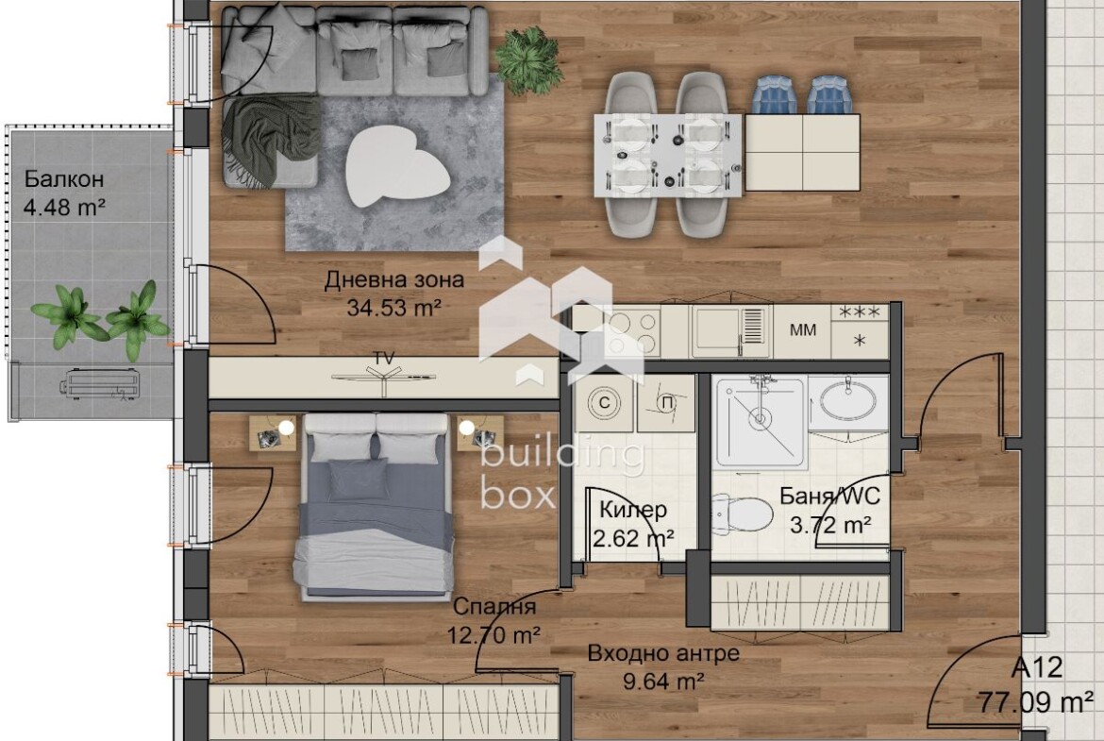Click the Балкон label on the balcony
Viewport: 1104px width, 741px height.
[64, 179]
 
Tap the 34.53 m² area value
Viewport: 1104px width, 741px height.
[394, 308]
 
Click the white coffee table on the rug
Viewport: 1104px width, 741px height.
[398, 168]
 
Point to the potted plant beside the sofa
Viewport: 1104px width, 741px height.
[528, 60]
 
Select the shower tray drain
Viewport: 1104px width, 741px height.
[760, 420]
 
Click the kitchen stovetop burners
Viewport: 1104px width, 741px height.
[632, 333]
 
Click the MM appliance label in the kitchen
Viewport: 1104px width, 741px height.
[803, 329]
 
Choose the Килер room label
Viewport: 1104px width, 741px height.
[634, 510]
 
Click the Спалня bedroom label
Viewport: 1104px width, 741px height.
[494, 606]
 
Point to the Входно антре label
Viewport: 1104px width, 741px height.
[663, 653]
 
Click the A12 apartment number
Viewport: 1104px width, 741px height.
[1037, 667]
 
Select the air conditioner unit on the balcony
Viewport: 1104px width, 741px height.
[102, 384]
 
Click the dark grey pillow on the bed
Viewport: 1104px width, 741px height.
[359, 479]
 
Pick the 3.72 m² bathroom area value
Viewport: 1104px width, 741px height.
[831, 526]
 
